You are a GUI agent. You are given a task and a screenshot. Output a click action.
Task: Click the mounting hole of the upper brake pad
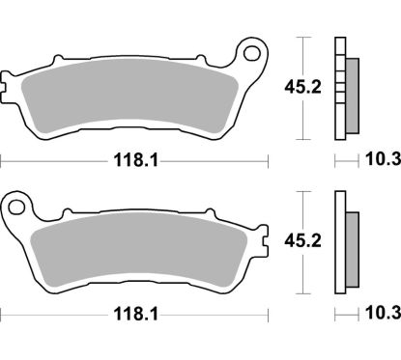pyautogui.click(x=256, y=47)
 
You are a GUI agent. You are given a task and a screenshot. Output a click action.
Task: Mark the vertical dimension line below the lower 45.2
pyautogui.click(x=305, y=270)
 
